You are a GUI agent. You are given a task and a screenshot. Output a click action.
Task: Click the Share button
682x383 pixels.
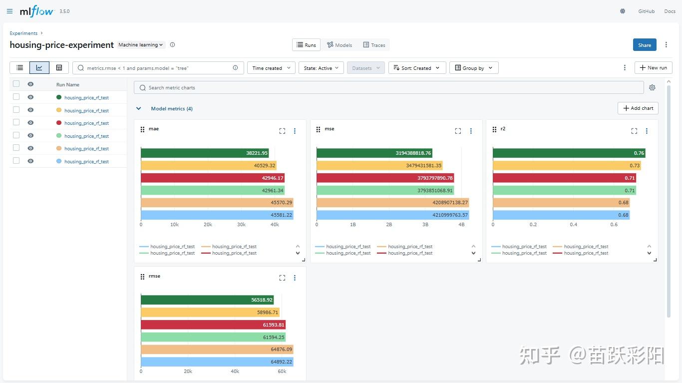point(645,45)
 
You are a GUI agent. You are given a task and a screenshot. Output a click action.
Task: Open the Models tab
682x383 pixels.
point(340,45)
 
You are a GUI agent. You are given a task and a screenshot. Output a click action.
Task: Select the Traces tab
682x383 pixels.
point(374,45)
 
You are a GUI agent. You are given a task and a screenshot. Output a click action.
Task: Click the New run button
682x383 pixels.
point(654,67)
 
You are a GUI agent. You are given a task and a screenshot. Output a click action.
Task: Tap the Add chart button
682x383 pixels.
point(638,108)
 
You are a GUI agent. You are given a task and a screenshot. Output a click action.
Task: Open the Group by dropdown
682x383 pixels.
point(474,67)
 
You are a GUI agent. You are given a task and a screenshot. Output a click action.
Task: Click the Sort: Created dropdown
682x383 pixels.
point(417,67)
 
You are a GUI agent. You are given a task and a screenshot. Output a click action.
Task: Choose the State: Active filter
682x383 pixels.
point(321,67)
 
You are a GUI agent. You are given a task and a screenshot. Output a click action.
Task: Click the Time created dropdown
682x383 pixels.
point(271,67)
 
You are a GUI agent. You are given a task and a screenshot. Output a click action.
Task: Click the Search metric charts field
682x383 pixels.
point(389,87)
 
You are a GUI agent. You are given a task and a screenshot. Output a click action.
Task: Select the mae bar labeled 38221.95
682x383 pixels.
point(205,153)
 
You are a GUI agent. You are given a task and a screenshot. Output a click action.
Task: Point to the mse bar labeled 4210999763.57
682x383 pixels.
point(393,215)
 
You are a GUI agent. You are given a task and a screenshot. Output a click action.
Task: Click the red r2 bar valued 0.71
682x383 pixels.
point(565,178)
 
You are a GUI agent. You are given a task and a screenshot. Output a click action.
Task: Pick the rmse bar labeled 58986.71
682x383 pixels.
point(210,312)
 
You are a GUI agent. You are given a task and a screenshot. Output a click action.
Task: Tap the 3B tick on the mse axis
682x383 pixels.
point(425,224)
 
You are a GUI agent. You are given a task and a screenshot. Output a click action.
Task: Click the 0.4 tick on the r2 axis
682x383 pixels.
point(573,224)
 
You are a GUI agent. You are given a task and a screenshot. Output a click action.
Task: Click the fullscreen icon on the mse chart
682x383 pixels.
point(458,131)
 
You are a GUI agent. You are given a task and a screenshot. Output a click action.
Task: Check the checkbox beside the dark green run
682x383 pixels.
point(16,97)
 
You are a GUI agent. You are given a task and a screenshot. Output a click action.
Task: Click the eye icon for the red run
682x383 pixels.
point(30,122)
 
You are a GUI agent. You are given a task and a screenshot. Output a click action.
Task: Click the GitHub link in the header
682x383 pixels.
point(647,11)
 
